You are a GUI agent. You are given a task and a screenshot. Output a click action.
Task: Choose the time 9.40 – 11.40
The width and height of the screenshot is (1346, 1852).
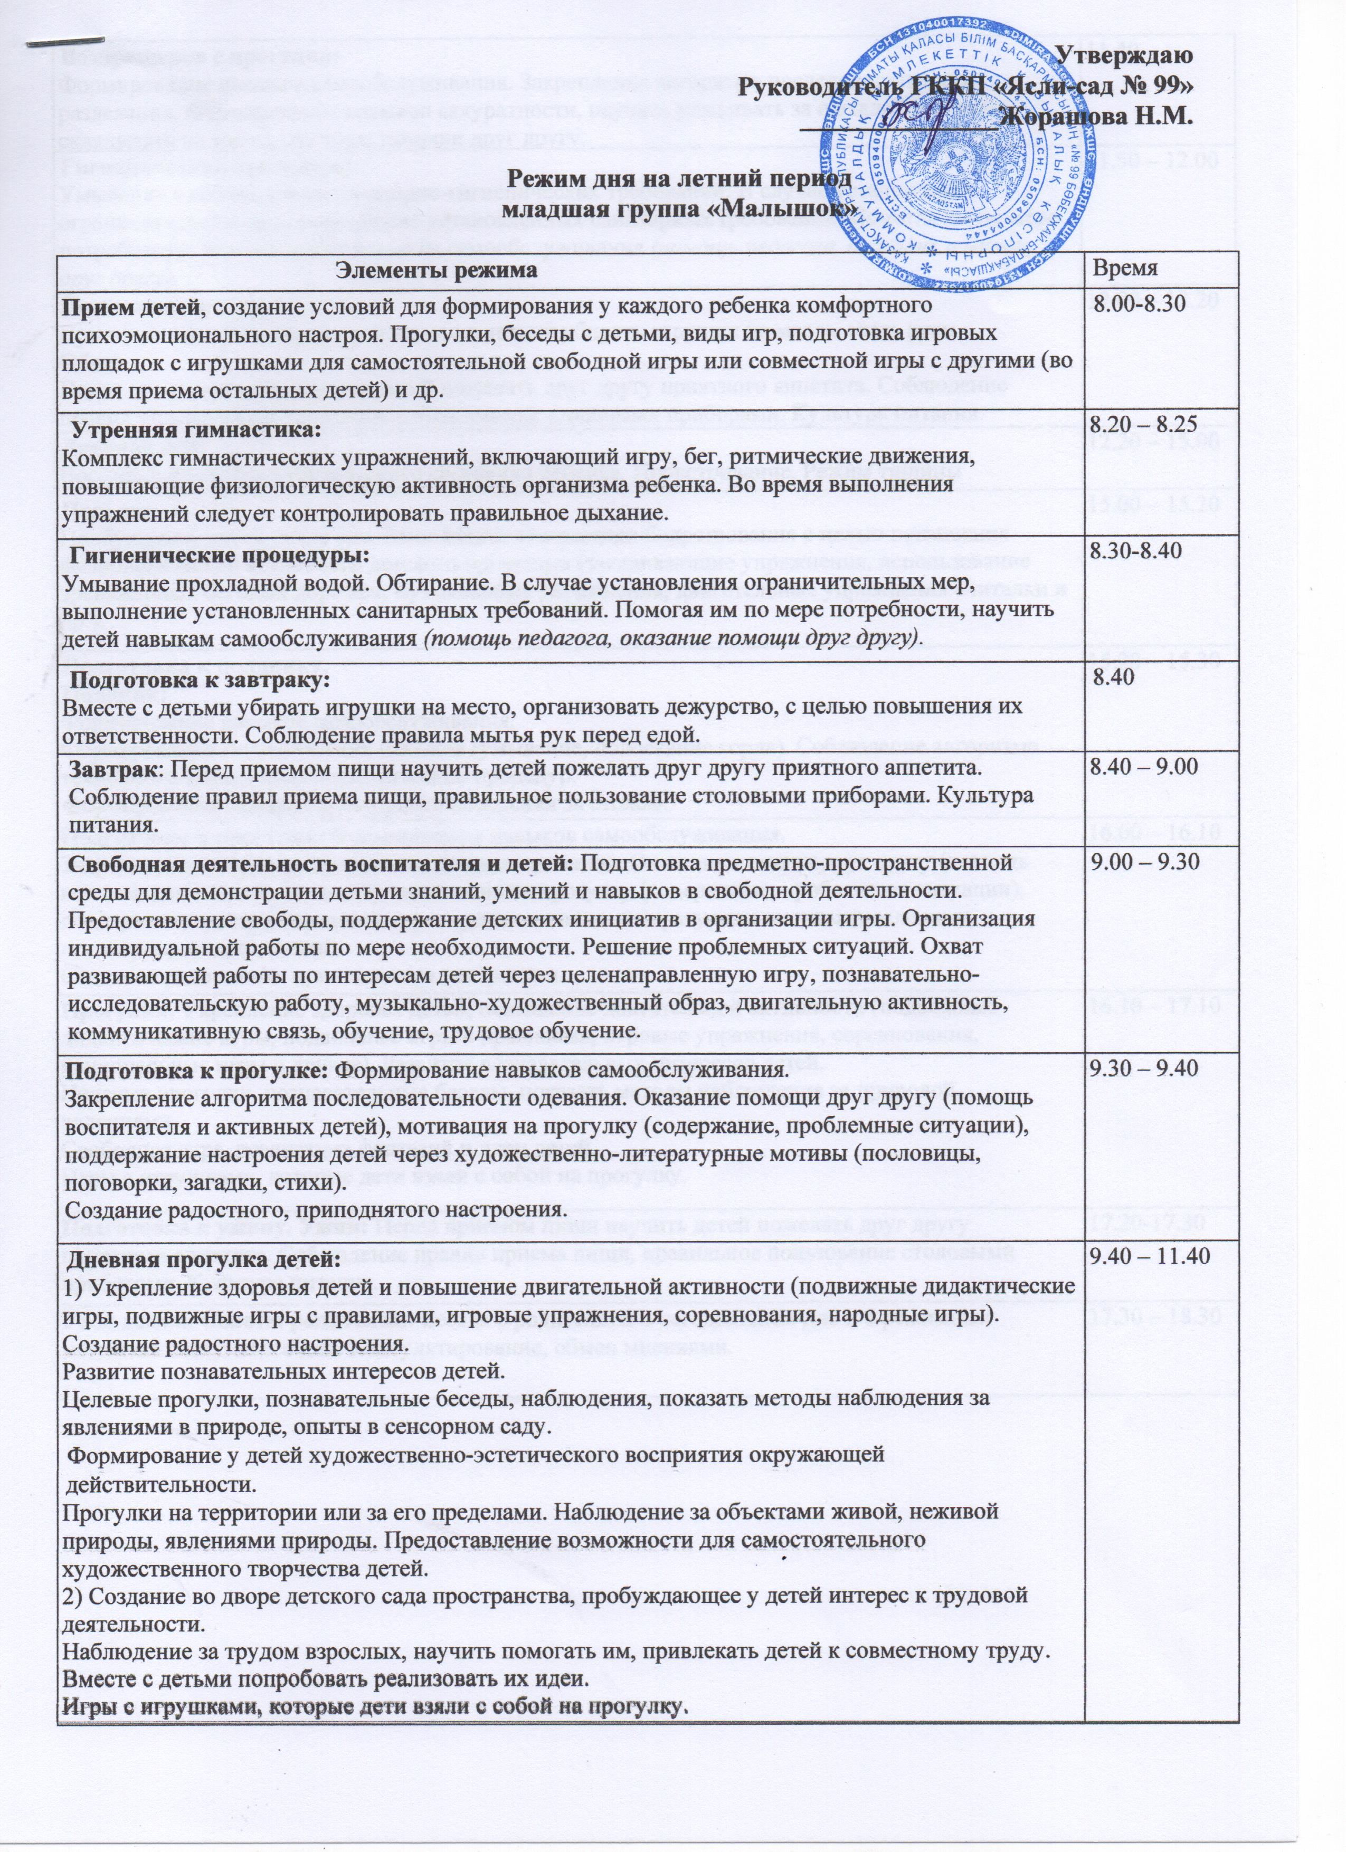[1149, 1257]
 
